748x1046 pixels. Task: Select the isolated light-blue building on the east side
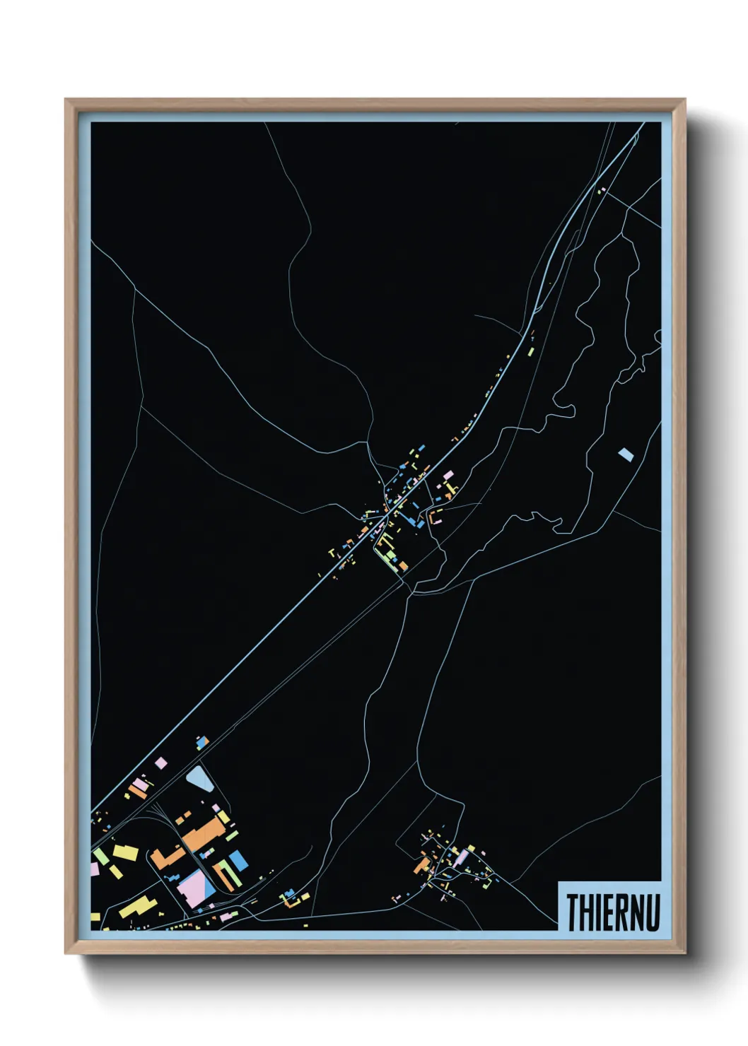tap(625, 454)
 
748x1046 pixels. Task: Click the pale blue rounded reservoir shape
tap(199, 779)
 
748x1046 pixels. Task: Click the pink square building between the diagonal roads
tap(161, 763)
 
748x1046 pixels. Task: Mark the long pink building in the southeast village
tap(462, 857)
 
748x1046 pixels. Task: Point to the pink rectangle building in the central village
tap(447, 475)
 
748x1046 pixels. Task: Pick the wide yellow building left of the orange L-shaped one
tap(126, 851)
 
